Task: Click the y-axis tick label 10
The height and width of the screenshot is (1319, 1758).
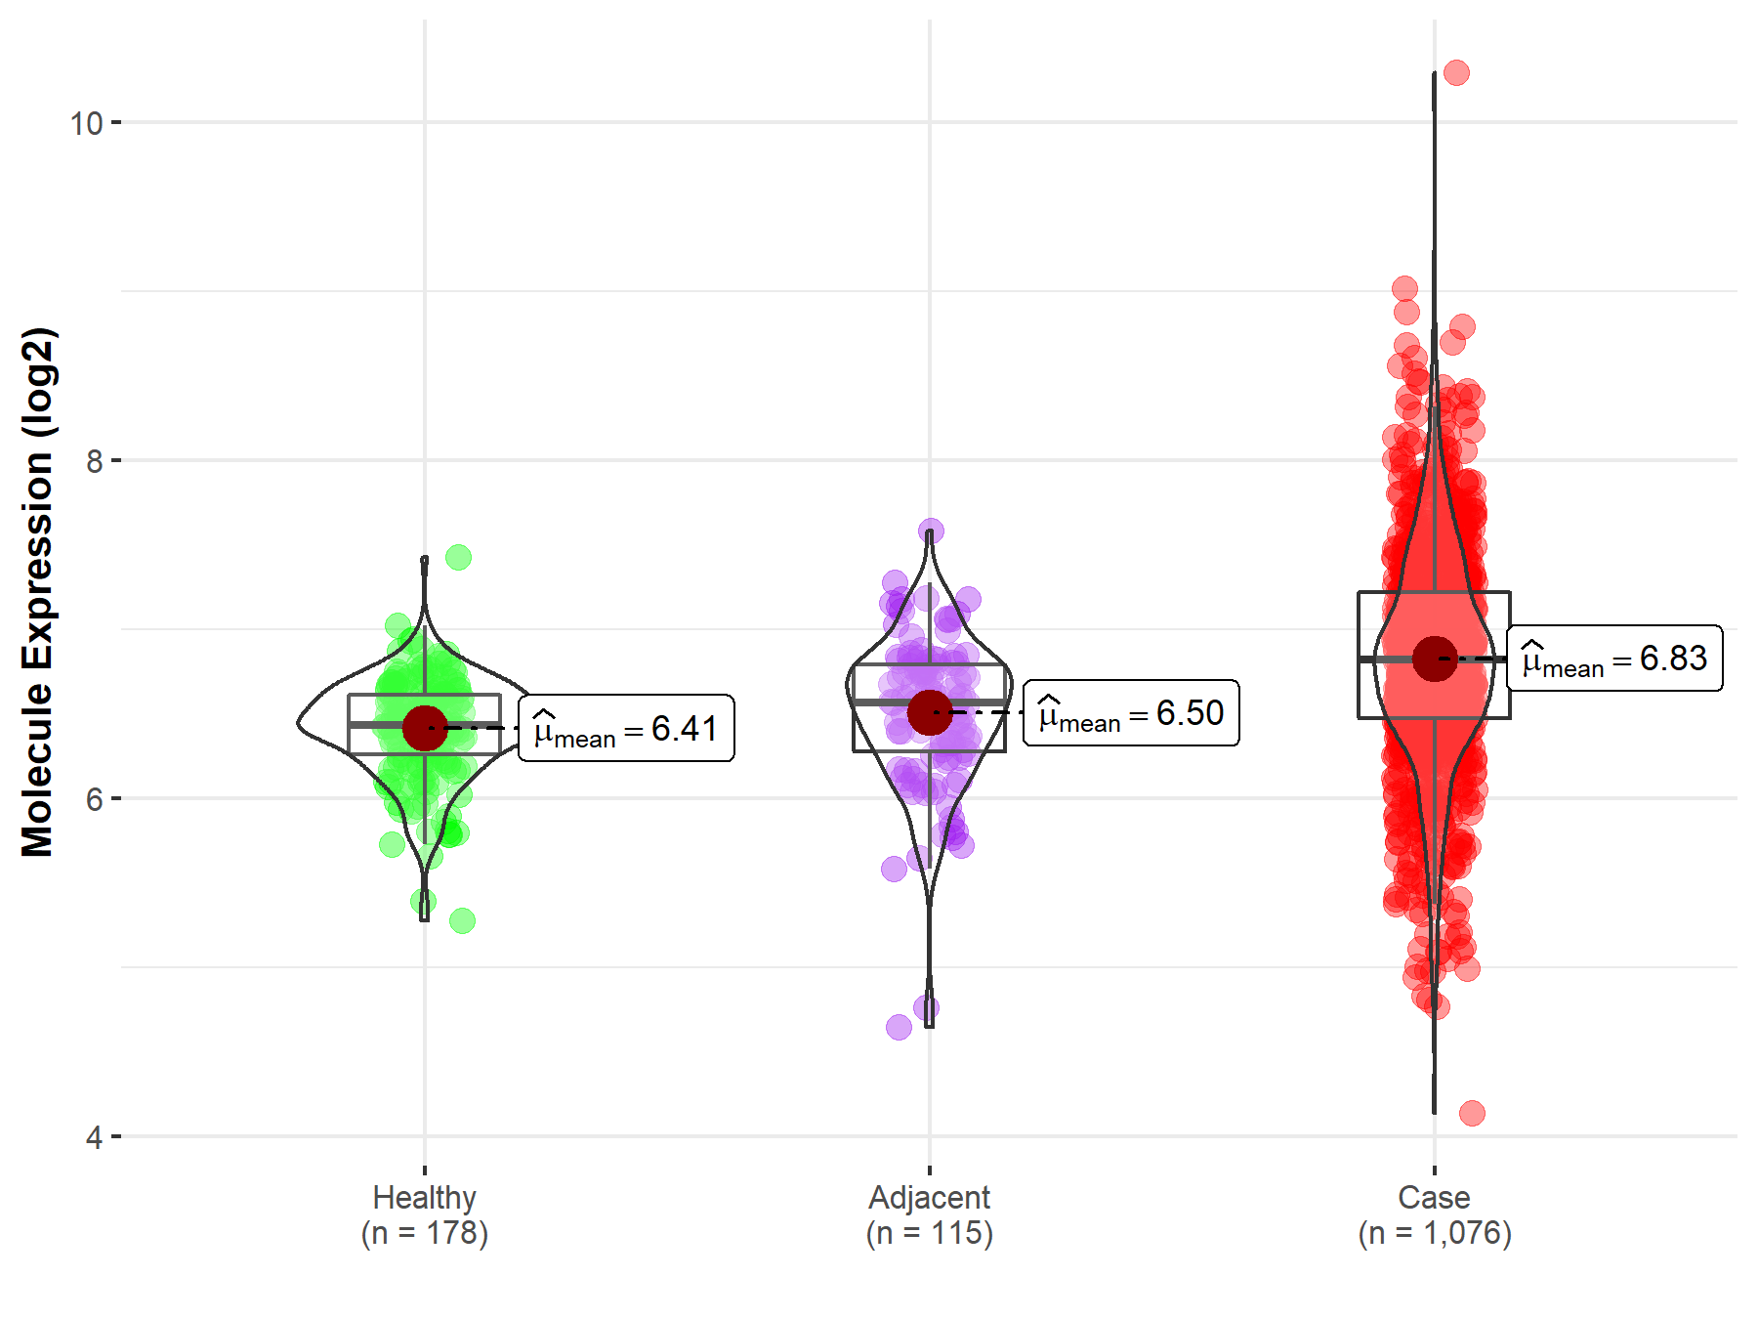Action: pyautogui.click(x=86, y=123)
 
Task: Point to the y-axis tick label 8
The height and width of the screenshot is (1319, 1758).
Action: pyautogui.click(x=94, y=461)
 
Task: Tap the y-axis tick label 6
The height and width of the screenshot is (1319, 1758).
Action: pyautogui.click(x=94, y=799)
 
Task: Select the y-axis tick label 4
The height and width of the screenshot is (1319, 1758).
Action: pyautogui.click(x=94, y=1137)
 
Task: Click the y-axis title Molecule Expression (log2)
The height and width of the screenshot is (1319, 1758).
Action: pyautogui.click(x=37, y=592)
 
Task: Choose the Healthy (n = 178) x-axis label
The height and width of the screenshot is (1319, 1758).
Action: pyautogui.click(x=425, y=1214)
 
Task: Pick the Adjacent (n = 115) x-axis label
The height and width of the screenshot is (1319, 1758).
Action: pyautogui.click(x=929, y=1214)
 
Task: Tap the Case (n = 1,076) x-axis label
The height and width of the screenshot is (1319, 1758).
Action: pyautogui.click(x=1434, y=1214)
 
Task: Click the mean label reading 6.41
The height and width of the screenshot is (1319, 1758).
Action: pyautogui.click(x=626, y=729)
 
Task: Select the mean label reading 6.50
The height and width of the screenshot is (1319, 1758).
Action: pyautogui.click(x=1131, y=713)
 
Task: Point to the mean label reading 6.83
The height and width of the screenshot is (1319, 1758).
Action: pyautogui.click(x=1614, y=659)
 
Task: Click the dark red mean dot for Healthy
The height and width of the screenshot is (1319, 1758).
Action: pyautogui.click(x=425, y=728)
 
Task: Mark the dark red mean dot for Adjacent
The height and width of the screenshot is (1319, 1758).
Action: pyautogui.click(x=929, y=712)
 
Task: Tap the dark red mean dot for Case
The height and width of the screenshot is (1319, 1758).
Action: pyautogui.click(x=1434, y=659)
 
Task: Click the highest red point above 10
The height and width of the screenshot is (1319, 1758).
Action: pyautogui.click(x=1456, y=72)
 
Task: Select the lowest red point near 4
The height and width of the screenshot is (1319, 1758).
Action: pyautogui.click(x=1472, y=1113)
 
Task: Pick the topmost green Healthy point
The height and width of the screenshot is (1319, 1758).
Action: pyautogui.click(x=458, y=557)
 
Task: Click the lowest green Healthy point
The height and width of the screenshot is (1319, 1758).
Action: pyautogui.click(x=462, y=920)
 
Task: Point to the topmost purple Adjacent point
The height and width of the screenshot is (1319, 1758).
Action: pyautogui.click(x=931, y=531)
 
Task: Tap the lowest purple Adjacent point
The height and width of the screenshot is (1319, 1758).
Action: pyautogui.click(x=899, y=1027)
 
